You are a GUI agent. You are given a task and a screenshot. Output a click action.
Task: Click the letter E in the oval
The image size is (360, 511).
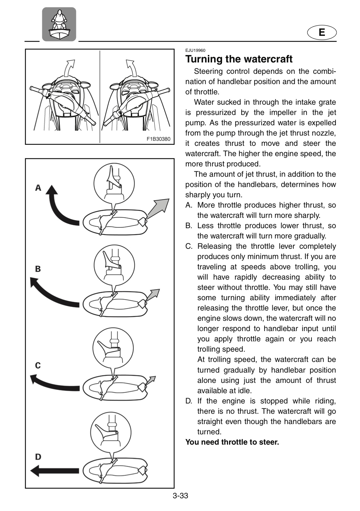[x=322, y=32]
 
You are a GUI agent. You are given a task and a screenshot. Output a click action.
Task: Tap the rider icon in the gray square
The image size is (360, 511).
[x=59, y=24]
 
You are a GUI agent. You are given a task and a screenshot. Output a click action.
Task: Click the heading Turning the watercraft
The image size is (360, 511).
[x=239, y=59]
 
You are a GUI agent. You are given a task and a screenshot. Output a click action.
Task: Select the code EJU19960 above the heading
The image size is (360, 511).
[x=195, y=50]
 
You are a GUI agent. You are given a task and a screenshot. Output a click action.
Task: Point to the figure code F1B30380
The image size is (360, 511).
[x=159, y=139]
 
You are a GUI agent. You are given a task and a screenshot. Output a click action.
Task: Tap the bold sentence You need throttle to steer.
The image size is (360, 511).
[x=232, y=442]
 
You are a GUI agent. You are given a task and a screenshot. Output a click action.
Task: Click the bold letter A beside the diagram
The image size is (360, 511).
[x=38, y=188]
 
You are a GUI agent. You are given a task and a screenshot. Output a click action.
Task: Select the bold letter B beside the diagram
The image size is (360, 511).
[x=38, y=269]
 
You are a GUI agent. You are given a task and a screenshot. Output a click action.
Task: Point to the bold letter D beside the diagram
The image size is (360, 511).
[x=38, y=457]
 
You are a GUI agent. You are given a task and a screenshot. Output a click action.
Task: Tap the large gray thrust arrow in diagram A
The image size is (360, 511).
[x=159, y=208]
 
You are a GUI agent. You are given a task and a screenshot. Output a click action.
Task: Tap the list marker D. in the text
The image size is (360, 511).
[x=189, y=401]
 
